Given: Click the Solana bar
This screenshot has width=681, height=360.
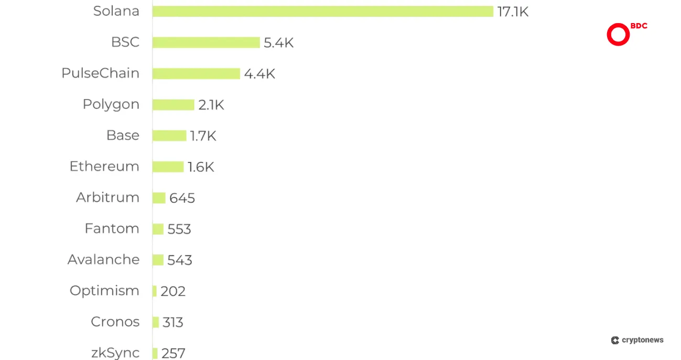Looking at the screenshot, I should (x=323, y=12).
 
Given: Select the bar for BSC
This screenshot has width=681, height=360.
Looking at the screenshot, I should (x=206, y=42).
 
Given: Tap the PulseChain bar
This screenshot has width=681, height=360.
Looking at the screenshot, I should (x=196, y=74).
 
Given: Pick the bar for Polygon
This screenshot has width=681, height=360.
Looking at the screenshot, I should (x=174, y=105).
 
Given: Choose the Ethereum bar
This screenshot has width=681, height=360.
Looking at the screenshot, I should (x=168, y=167).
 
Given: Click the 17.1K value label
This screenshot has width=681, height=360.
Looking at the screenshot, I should (x=513, y=12).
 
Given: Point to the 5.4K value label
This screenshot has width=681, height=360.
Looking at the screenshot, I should (x=278, y=43).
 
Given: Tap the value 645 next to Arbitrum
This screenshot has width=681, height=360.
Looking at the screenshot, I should (x=182, y=198).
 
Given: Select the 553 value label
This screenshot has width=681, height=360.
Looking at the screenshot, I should (x=179, y=229).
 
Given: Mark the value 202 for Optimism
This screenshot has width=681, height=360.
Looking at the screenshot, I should (x=173, y=291).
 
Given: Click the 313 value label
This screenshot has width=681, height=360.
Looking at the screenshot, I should (x=173, y=322).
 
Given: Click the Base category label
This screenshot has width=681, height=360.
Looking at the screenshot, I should (x=123, y=135).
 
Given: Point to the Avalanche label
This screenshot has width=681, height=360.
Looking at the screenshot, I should (x=103, y=259).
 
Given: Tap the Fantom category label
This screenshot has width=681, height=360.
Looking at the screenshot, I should (x=112, y=228).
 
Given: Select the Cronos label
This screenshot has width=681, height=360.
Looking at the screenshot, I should (x=115, y=322).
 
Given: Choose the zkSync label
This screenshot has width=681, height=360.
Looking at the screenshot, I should (x=115, y=353).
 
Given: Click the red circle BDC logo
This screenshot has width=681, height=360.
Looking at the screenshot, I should (x=618, y=35).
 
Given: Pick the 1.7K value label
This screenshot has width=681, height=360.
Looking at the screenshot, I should (x=203, y=136).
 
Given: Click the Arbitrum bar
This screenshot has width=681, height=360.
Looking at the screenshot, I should (x=159, y=198).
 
